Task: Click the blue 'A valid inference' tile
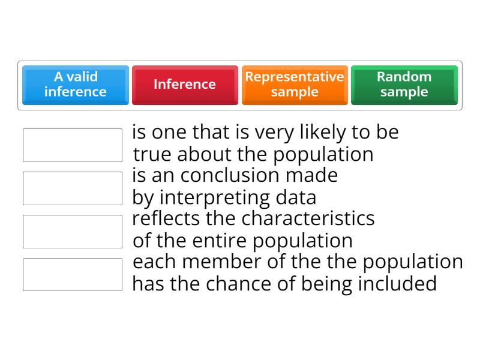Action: click(76, 85)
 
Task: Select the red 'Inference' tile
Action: click(185, 85)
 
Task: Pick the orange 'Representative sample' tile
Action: click(294, 85)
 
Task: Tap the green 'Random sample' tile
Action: click(404, 85)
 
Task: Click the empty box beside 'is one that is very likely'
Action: click(73, 145)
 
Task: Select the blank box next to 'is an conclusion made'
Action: click(73, 188)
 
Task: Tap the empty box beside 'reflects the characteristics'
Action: click(73, 232)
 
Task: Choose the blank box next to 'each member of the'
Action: click(73, 275)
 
